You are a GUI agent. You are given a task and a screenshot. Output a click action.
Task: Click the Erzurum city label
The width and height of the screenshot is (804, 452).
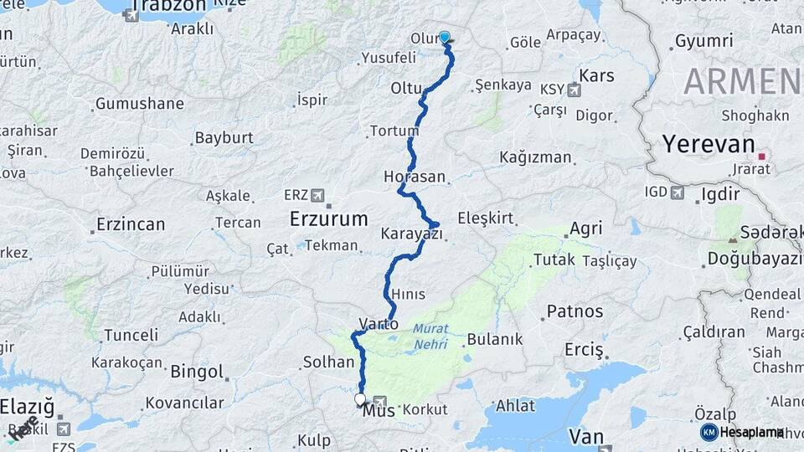[x=328, y=219]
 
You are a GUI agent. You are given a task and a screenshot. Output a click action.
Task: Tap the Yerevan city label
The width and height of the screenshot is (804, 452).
[x=709, y=143]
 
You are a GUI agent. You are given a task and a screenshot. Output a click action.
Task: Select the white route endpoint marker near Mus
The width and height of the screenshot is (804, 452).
[x=361, y=399]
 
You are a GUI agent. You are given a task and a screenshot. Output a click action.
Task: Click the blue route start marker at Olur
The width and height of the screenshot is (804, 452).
[x=445, y=38]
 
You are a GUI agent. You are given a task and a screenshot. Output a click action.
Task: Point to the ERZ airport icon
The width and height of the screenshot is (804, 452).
[x=317, y=195]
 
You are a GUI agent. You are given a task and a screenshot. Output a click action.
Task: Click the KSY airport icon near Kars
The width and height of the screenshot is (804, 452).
[x=574, y=90]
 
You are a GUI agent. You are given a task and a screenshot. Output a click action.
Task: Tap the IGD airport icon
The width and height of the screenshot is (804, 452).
[x=677, y=193]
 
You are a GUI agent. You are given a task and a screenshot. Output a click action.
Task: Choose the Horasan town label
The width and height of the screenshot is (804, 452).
[x=414, y=177]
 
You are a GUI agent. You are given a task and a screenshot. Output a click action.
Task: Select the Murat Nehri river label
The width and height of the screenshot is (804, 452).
[x=430, y=336]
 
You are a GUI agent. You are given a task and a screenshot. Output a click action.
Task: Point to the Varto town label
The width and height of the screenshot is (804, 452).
[x=378, y=323]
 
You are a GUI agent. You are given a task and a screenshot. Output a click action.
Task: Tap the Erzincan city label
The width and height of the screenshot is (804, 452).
[x=131, y=224]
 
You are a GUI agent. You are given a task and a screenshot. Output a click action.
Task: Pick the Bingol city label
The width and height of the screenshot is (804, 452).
[x=197, y=372]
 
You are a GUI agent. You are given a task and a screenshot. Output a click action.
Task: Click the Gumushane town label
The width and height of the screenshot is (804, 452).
[x=139, y=104]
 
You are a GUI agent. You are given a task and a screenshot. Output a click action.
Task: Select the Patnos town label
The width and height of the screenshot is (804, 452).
[x=575, y=311]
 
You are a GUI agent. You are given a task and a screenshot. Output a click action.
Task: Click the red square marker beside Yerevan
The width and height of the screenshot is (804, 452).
[x=762, y=156]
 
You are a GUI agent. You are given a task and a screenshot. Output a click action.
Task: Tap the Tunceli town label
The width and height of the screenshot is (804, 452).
[x=131, y=335]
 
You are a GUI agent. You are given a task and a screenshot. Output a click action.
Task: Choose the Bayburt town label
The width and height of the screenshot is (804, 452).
[x=224, y=137]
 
